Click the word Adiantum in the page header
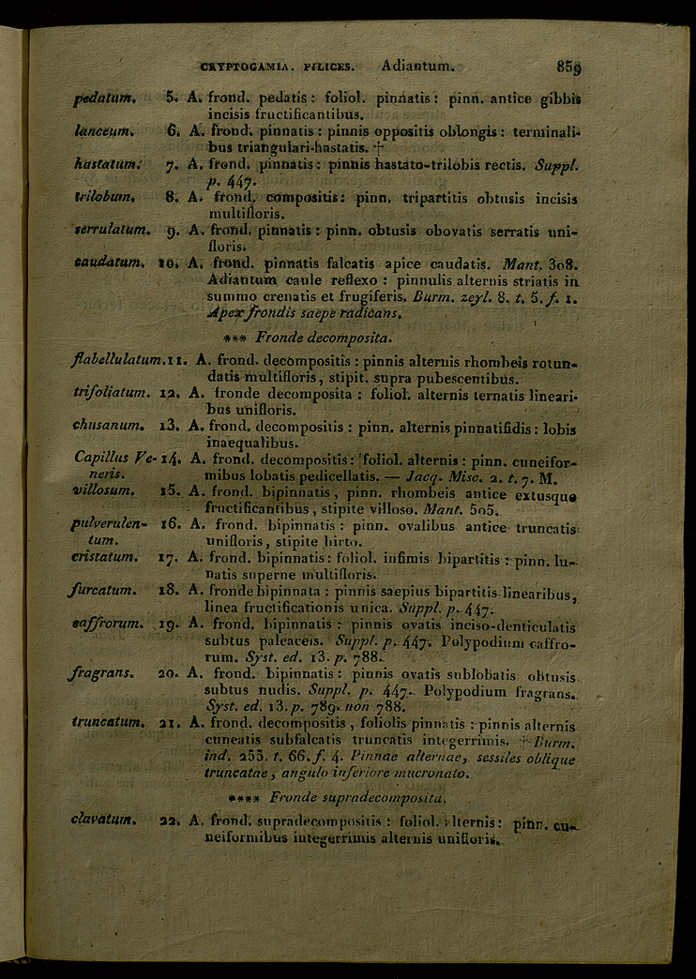(417, 67)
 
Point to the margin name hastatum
(108, 165)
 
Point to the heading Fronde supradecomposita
(341, 798)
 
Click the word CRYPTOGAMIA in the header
(235, 68)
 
